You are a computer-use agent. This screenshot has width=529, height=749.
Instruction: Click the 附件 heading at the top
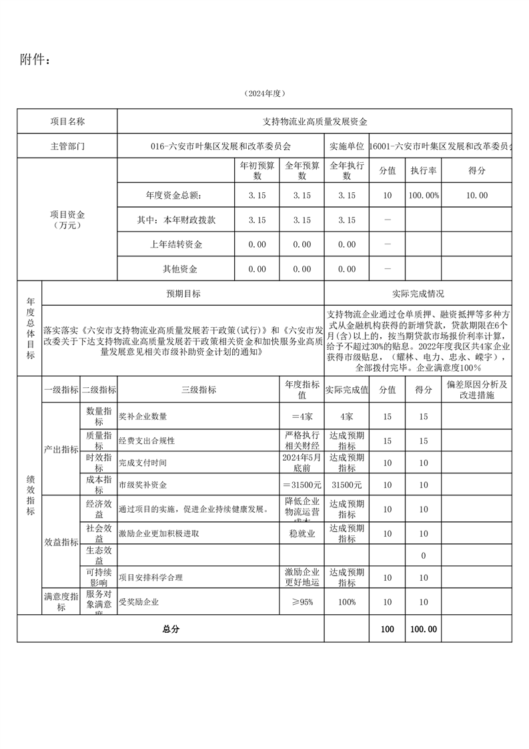point(35,60)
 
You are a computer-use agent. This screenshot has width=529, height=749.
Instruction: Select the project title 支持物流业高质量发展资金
point(315,121)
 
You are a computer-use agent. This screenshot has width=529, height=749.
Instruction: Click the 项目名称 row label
point(67,121)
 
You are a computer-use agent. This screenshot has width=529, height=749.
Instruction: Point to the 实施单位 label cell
point(346,146)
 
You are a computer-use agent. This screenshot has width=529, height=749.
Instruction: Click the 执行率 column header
point(424,171)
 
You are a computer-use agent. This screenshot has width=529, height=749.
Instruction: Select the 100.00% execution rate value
point(424,195)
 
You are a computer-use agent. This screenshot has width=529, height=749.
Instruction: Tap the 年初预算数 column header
point(256,171)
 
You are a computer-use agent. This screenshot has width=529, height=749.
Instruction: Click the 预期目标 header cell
point(183,294)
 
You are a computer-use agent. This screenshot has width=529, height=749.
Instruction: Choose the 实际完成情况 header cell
point(418,294)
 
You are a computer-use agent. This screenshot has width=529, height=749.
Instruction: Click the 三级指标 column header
point(198,390)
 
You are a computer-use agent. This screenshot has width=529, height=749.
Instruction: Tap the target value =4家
point(302,417)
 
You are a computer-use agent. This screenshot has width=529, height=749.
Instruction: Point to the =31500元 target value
point(302,485)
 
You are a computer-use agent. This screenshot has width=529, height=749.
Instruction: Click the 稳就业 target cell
point(302,533)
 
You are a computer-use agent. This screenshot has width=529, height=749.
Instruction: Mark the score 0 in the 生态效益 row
point(424,555)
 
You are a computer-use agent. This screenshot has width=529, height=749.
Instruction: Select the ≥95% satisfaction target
point(302,602)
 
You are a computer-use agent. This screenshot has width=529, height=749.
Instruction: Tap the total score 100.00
point(424,629)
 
